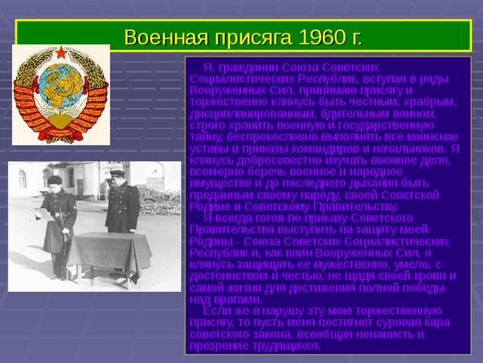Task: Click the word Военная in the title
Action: pos(162,36)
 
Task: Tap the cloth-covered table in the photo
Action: pos(110,253)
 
